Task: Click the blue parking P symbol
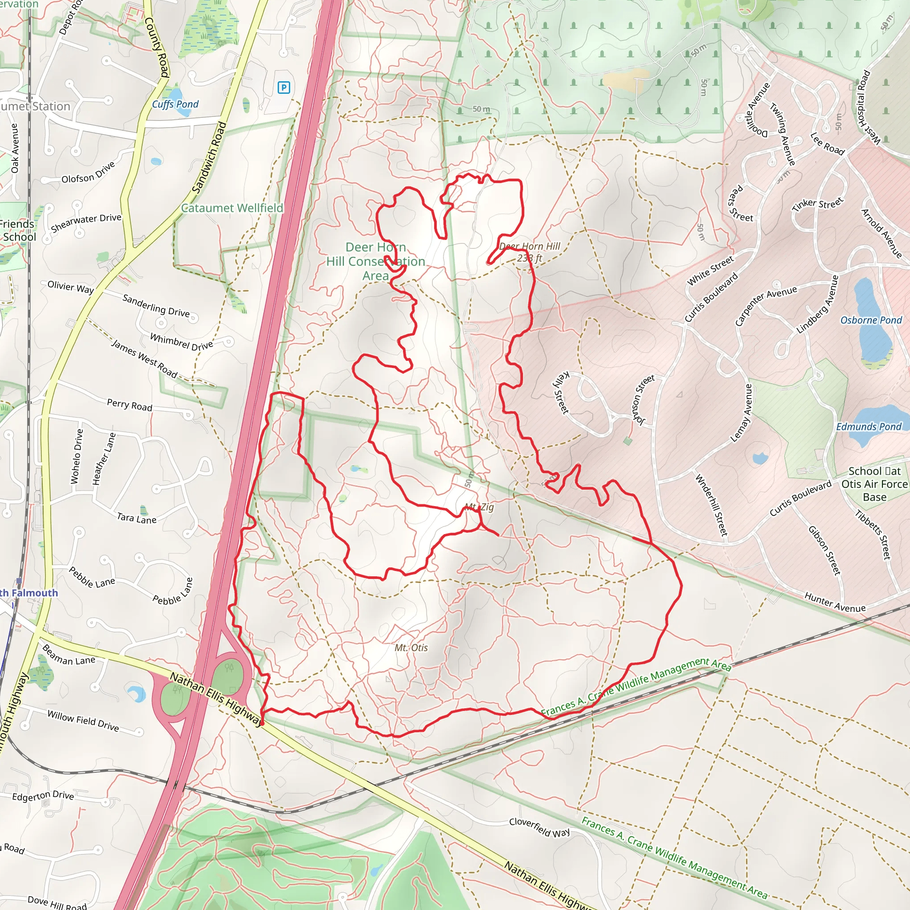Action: [x=283, y=87]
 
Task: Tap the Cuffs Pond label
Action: [x=175, y=104]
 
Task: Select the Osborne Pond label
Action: [x=871, y=320]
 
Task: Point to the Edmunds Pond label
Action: [x=869, y=427]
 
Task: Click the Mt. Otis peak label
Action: [x=411, y=648]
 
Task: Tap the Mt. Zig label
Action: [x=479, y=507]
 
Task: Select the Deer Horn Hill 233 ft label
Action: [x=529, y=252]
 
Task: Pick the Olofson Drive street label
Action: [x=88, y=172]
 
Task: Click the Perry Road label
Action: [x=130, y=405]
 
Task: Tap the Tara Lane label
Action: [x=136, y=518]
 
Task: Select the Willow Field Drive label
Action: [x=83, y=721]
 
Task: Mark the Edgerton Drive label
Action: [x=43, y=795]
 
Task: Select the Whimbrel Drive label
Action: [x=181, y=342]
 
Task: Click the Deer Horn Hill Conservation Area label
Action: [x=375, y=261]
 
